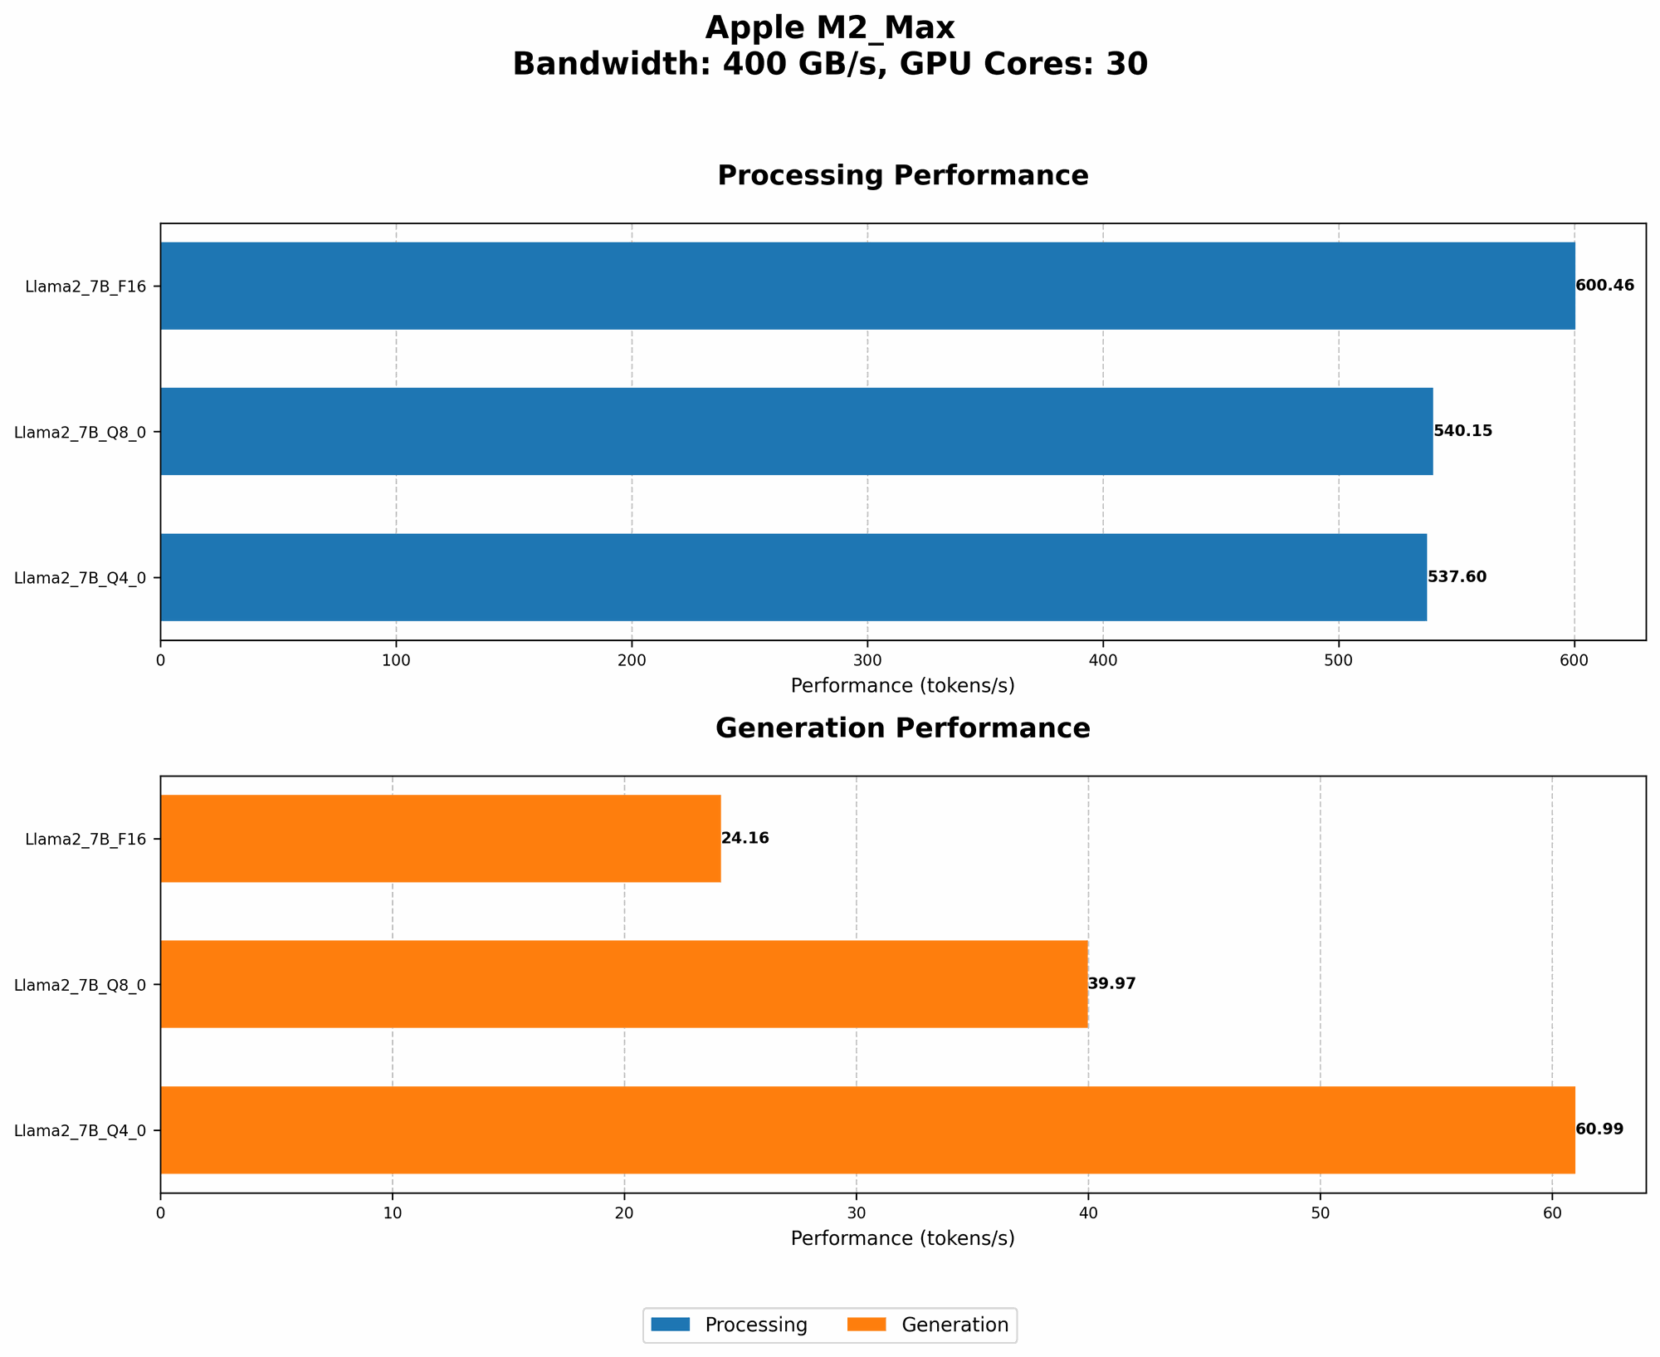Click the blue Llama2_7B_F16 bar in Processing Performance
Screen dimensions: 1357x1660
click(867, 286)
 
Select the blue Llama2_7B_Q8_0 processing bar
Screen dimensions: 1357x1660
click(797, 431)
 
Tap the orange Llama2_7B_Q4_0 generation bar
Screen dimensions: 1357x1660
click(867, 1129)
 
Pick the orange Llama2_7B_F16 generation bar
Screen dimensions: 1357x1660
click(440, 838)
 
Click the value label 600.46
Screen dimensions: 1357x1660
click(1604, 286)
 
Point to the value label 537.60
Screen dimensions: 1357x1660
click(1457, 577)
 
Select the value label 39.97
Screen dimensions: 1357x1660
click(1111, 984)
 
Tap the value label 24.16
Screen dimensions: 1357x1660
click(745, 839)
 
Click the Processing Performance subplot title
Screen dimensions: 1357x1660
click(902, 176)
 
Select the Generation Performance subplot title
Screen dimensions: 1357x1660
click(902, 729)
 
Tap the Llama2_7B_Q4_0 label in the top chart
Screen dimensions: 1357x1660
click(80, 578)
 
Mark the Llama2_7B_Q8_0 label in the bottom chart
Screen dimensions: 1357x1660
click(80, 985)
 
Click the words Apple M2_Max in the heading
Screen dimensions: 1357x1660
click(830, 28)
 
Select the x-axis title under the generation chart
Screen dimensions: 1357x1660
click(902, 1239)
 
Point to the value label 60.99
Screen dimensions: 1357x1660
click(1599, 1129)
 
